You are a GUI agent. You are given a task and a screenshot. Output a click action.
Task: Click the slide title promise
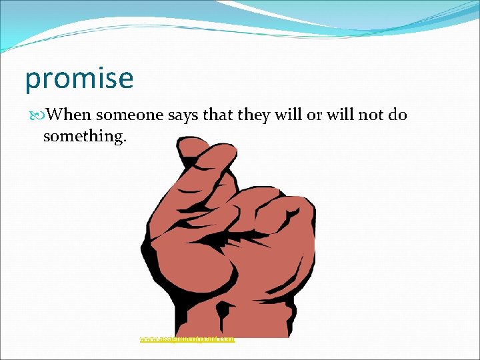click(79, 79)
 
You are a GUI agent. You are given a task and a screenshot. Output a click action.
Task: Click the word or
click(313, 115)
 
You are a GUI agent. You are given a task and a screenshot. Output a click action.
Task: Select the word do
click(397, 115)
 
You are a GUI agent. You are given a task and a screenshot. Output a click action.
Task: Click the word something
click(79, 136)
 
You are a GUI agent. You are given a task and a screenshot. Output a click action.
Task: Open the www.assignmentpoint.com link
click(187, 339)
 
